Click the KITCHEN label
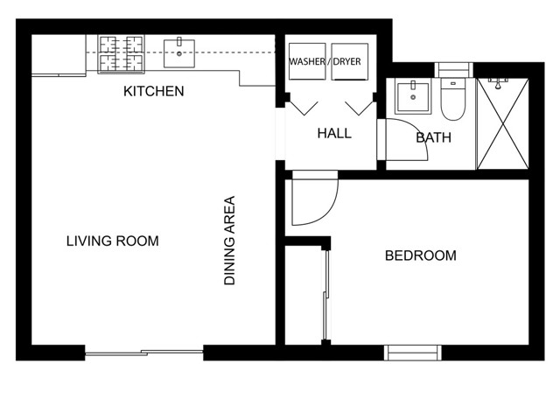pyautogui.click(x=154, y=91)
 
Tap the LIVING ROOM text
pyautogui.click(x=113, y=241)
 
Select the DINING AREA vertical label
pyautogui.click(x=229, y=241)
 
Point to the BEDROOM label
pyautogui.click(x=421, y=255)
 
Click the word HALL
pyautogui.click(x=334, y=134)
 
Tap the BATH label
pyautogui.click(x=434, y=137)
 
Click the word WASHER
pyautogui.click(x=307, y=62)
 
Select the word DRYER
pyautogui.click(x=346, y=62)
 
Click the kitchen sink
pyautogui.click(x=179, y=53)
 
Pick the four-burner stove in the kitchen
pyautogui.click(x=122, y=54)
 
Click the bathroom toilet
pyautogui.click(x=453, y=99)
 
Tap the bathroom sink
pyautogui.click(x=413, y=97)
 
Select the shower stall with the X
pyautogui.click(x=503, y=123)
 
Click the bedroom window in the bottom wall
pyautogui.click(x=412, y=353)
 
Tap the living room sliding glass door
pyautogui.click(x=143, y=353)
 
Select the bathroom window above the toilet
pyautogui.click(x=453, y=70)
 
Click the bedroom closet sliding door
pyautogui.click(x=325, y=295)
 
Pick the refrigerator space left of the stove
pyautogui.click(x=59, y=55)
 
